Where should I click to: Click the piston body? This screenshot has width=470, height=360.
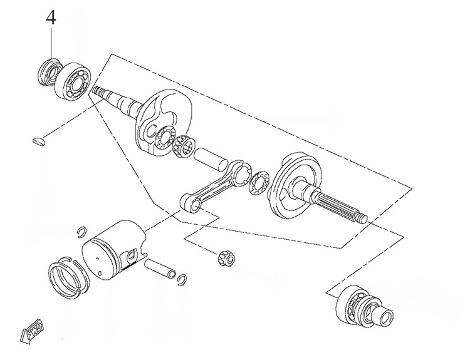(113, 250)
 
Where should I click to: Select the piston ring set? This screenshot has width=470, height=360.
(69, 277)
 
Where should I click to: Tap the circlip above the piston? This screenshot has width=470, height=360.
(81, 231)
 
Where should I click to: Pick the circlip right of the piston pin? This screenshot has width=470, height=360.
(182, 280)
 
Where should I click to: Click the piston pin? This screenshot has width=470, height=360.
(159, 269)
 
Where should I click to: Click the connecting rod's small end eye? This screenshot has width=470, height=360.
(192, 203)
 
